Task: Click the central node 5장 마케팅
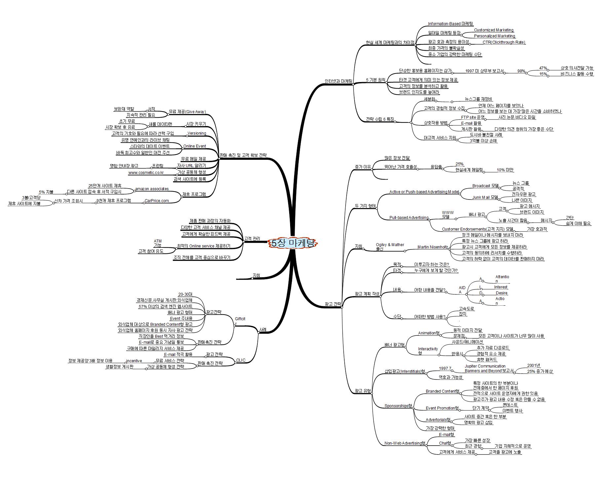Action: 292,243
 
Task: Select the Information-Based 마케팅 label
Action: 450,24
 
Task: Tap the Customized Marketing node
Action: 494,30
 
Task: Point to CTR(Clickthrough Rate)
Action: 504,42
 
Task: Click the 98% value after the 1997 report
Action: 521,71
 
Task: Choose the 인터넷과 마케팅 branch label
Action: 338,81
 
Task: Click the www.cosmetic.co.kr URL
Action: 146,172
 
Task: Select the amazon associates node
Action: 152,189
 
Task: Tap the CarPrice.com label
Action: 157,201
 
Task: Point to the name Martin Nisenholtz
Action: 433,247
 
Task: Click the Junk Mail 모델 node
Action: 485,197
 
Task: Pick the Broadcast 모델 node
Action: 485,186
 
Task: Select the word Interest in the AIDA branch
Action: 501,287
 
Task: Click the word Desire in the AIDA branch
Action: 501,293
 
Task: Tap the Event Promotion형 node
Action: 442,408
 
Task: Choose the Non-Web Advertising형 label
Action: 405,443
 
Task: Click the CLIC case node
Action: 241,360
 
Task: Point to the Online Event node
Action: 195,146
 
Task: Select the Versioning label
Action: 197,133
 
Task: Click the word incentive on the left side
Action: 134,361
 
